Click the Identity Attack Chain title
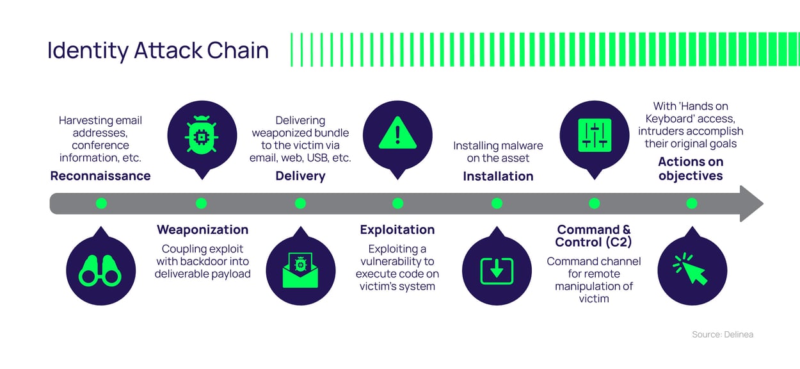(x=158, y=51)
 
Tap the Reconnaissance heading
(x=100, y=176)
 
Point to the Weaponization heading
(x=202, y=229)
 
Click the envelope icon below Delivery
(x=300, y=271)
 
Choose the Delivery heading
(x=300, y=176)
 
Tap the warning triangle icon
(x=397, y=134)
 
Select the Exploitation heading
(x=397, y=229)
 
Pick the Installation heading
(x=498, y=176)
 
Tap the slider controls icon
(x=595, y=135)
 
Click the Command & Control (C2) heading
(x=593, y=236)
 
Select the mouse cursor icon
(x=691, y=269)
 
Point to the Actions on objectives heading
(x=691, y=169)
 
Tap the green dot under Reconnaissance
(x=100, y=204)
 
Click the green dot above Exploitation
(x=397, y=204)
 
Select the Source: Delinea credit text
(x=722, y=334)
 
